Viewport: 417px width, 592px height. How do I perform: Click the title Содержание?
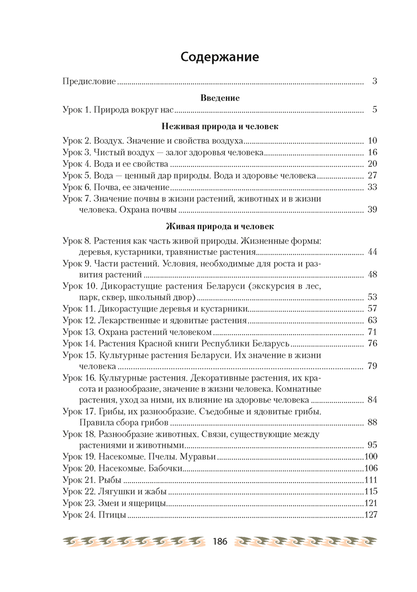pyautogui.click(x=219, y=57)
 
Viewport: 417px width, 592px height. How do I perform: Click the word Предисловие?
pyautogui.click(x=89, y=81)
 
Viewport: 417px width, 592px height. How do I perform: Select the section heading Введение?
pyautogui.click(x=220, y=98)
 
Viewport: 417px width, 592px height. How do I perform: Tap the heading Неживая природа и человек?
pyautogui.click(x=220, y=126)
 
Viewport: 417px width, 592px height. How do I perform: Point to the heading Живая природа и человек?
pyautogui.click(x=220, y=227)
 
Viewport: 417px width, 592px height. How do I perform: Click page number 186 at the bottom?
pyautogui.click(x=219, y=541)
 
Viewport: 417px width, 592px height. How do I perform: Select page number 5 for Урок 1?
pyautogui.click(x=374, y=109)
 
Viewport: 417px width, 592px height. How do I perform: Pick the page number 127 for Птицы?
pyautogui.click(x=371, y=515)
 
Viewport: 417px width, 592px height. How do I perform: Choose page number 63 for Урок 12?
pyautogui.click(x=372, y=320)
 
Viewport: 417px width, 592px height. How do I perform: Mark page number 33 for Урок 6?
pyautogui.click(x=372, y=187)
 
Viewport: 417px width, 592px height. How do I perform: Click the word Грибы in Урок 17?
pyautogui.click(x=112, y=412)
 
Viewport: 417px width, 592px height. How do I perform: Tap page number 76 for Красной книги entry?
pyautogui.click(x=372, y=343)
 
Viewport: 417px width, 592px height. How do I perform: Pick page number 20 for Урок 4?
pyautogui.click(x=372, y=164)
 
